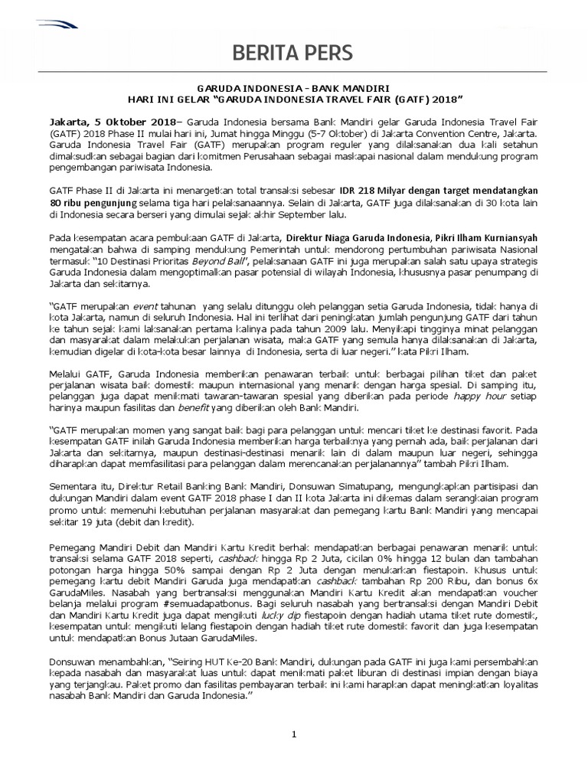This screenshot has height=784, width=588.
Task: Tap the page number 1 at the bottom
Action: click(x=293, y=734)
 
